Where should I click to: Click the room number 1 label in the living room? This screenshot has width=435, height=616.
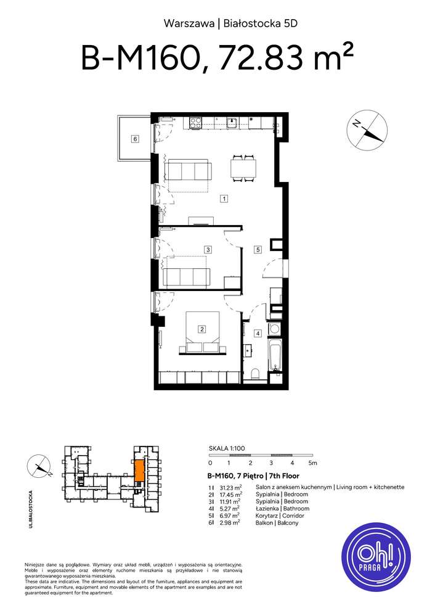(x=225, y=199)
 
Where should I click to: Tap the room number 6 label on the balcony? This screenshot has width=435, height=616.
(x=135, y=139)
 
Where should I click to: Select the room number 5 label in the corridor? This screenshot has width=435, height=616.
(x=258, y=250)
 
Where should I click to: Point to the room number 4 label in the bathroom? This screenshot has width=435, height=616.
(x=258, y=334)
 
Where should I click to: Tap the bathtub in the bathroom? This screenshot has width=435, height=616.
(x=275, y=357)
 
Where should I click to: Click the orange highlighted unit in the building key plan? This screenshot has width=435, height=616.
(x=139, y=470)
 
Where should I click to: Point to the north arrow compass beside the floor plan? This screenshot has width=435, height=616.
(x=368, y=130)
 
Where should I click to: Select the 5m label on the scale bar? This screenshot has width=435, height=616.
(x=312, y=462)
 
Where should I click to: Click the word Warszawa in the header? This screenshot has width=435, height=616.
(x=189, y=24)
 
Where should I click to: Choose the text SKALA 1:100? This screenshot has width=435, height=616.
(x=227, y=449)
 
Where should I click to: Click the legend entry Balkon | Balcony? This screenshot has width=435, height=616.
(x=277, y=523)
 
